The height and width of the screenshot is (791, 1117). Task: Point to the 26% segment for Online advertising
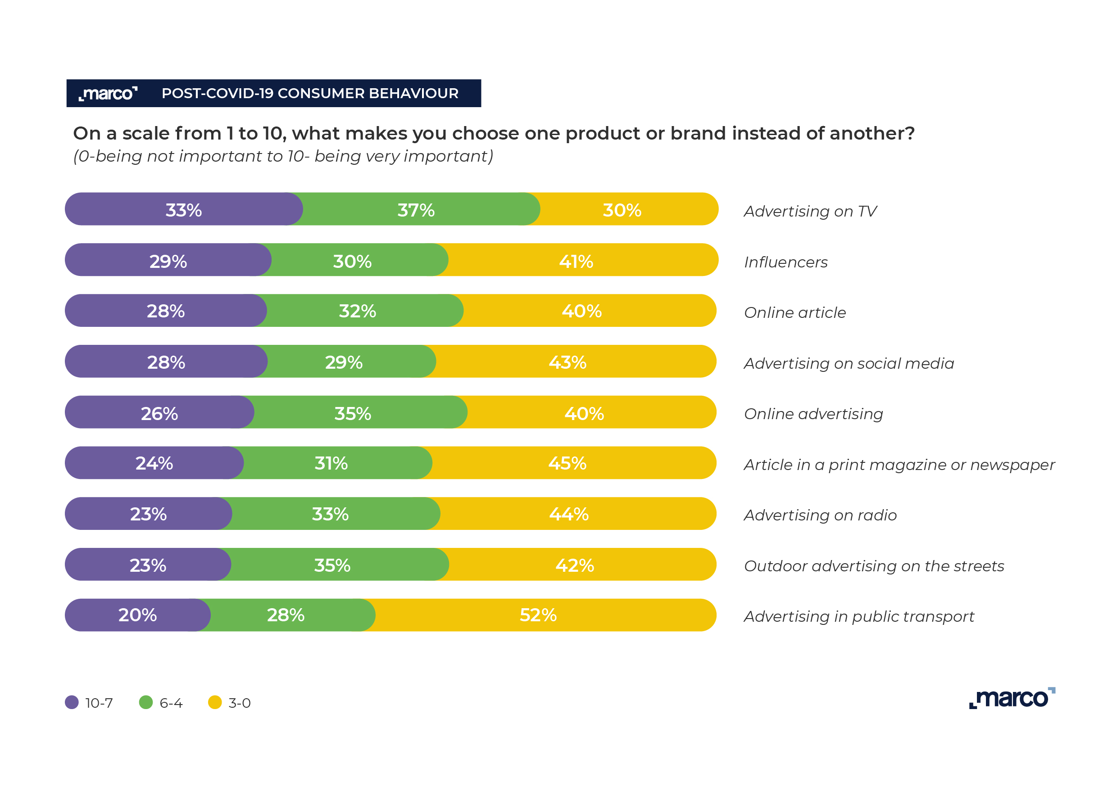point(159,413)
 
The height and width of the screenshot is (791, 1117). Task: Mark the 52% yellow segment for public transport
point(539,615)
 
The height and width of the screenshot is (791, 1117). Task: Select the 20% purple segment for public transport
point(137,615)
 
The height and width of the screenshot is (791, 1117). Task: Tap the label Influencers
point(786,262)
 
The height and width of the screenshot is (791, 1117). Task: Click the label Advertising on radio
point(820,515)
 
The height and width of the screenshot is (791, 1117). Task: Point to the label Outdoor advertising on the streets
point(874,566)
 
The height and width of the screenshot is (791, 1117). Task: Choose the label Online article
point(795,313)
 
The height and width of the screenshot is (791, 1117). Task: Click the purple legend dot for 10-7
point(72,702)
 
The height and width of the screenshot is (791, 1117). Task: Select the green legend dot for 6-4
point(146,702)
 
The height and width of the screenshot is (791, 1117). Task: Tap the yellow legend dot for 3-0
point(215,702)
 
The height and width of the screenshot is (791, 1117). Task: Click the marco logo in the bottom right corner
point(1012,698)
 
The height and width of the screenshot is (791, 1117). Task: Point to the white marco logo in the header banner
point(108,93)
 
